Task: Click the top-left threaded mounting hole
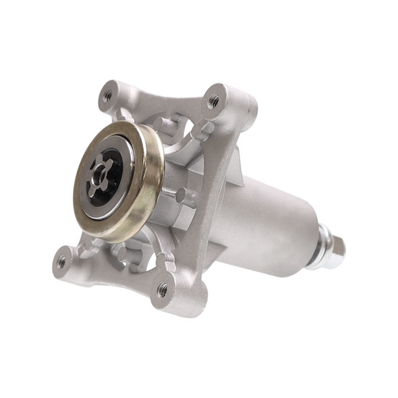[107, 96]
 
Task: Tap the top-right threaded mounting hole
[214, 101]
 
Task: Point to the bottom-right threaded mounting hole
[163, 290]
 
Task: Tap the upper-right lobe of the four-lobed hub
[113, 161]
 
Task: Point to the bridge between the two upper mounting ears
[159, 96]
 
